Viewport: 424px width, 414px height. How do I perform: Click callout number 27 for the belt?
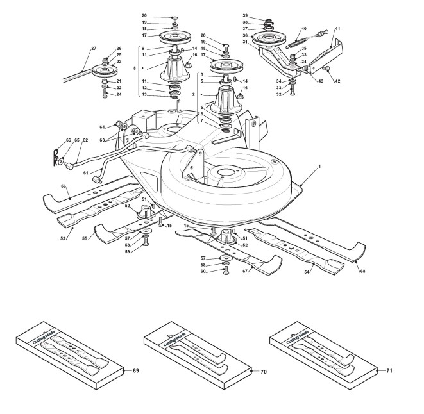[93, 48]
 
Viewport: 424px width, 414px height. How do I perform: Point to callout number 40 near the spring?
[303, 29]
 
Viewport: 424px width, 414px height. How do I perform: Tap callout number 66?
[51, 139]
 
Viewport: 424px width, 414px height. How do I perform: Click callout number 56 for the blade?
[64, 186]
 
